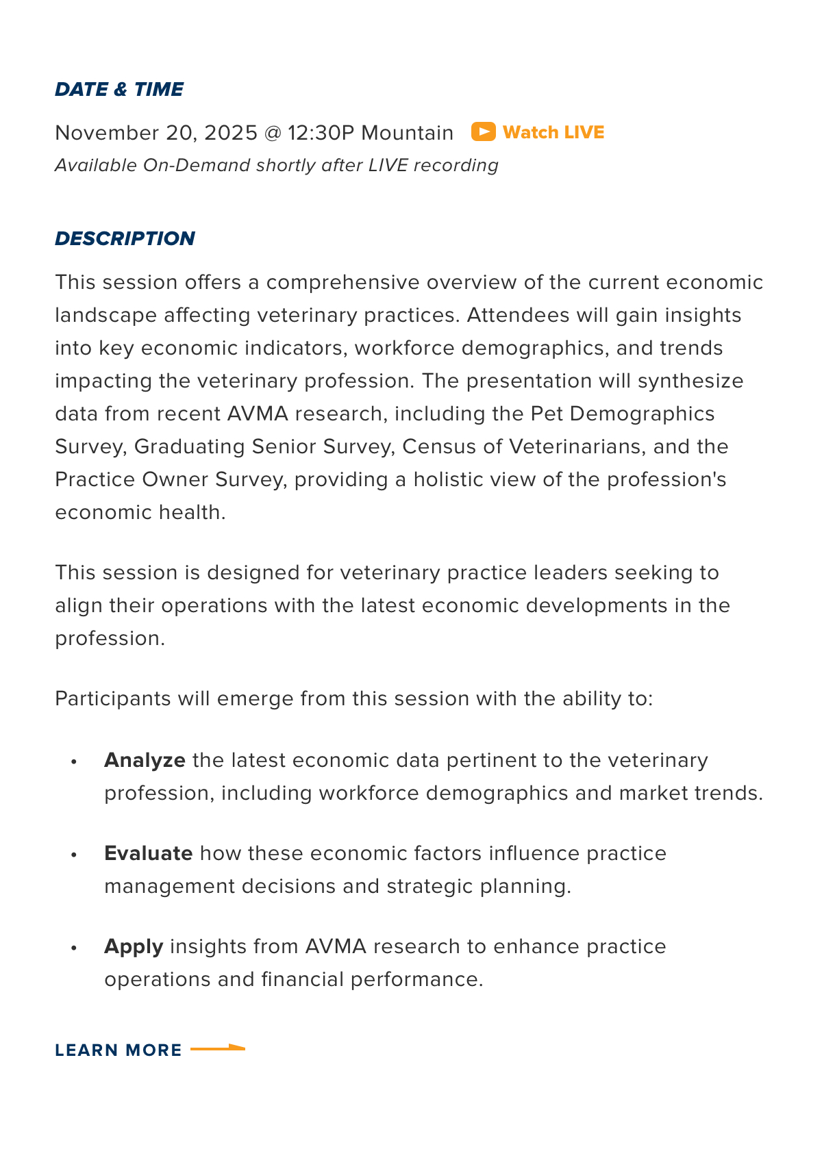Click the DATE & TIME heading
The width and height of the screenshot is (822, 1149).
click(x=119, y=90)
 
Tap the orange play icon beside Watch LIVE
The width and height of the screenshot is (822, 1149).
click(x=483, y=131)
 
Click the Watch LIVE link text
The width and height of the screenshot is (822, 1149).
click(x=553, y=132)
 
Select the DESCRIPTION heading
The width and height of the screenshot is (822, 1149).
click(x=125, y=238)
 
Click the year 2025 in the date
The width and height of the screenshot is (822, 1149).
click(x=230, y=132)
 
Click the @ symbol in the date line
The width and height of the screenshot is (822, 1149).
click(x=272, y=132)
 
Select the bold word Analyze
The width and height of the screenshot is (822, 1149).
click(x=145, y=760)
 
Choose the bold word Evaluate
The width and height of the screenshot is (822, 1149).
click(x=148, y=853)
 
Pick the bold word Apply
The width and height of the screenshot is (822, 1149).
click(x=134, y=946)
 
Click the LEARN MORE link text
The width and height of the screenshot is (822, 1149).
click(x=119, y=1050)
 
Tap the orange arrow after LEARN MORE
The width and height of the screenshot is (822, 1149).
click(x=217, y=1048)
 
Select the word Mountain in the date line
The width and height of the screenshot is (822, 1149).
click(x=407, y=132)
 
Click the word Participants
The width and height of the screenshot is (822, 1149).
click(x=113, y=698)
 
